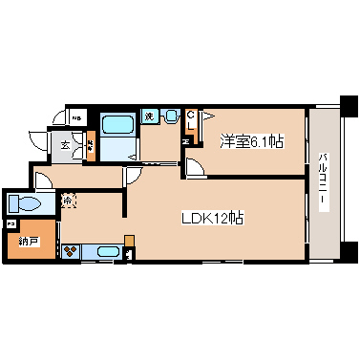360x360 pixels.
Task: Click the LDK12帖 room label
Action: [213, 217]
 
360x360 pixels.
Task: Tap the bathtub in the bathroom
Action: [118, 124]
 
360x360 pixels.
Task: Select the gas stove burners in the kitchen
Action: [71, 252]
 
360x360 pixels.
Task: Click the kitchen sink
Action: [103, 253]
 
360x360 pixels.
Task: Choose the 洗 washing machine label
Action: [149, 116]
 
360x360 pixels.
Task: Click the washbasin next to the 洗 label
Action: [170, 116]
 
